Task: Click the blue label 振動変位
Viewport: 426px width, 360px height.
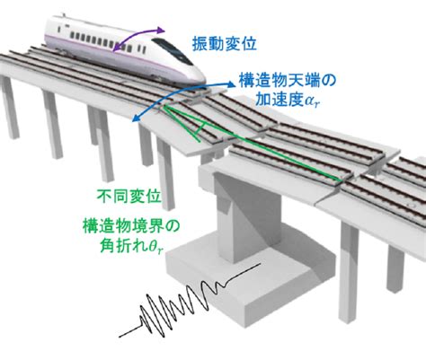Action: [225, 44]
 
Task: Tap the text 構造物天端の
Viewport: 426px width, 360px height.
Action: [288, 81]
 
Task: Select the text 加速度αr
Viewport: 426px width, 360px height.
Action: [286, 101]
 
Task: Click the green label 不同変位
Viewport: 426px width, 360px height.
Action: [129, 196]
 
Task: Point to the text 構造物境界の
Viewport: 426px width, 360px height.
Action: [131, 227]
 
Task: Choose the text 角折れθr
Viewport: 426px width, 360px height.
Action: [132, 247]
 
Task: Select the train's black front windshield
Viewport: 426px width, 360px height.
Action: [173, 50]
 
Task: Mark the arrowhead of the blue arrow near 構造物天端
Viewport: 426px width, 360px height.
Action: [231, 84]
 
